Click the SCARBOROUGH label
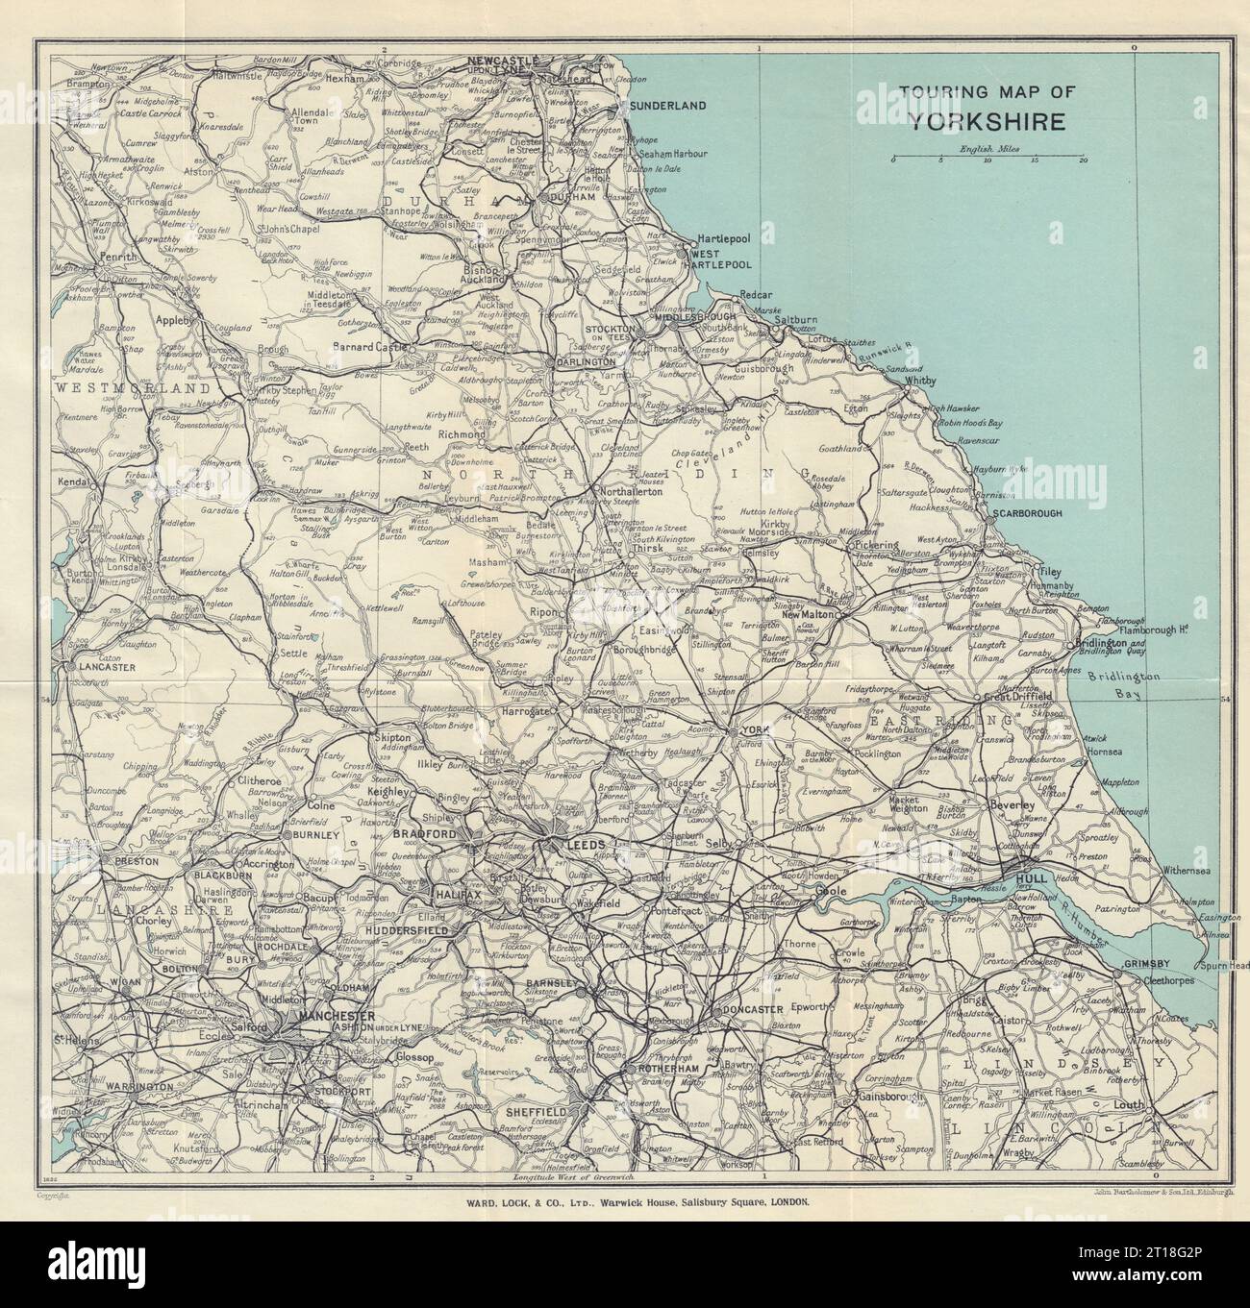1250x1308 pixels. [1029, 514]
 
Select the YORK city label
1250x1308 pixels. [754, 731]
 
